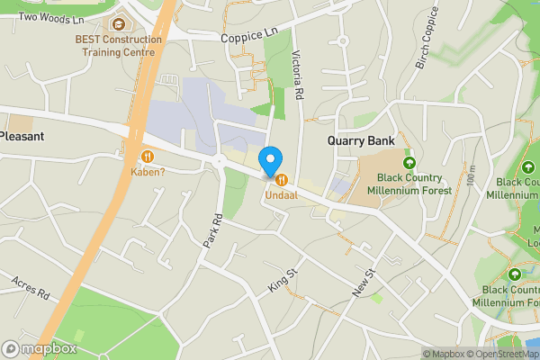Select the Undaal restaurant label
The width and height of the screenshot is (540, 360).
(x=281, y=195)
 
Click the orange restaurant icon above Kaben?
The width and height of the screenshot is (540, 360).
(x=147, y=155)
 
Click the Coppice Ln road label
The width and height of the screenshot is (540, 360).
(x=250, y=35)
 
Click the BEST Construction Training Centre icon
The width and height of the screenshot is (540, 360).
(x=119, y=24)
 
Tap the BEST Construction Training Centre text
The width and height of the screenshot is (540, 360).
(x=119, y=46)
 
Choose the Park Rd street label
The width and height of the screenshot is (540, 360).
(x=212, y=231)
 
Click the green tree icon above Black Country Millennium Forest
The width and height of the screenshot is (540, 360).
(x=409, y=163)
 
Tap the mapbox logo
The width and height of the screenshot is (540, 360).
(x=40, y=348)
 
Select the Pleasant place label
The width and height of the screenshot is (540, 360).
(x=22, y=135)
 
